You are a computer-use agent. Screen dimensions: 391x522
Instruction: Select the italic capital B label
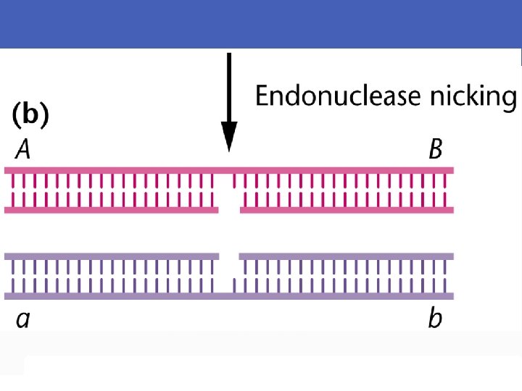point(436,150)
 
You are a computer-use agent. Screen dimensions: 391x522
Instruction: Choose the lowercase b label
point(435,317)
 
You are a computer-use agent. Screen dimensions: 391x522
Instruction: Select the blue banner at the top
point(261,24)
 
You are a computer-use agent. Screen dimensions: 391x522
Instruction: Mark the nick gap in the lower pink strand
point(229,210)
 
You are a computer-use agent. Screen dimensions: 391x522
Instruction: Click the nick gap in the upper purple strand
point(229,256)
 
